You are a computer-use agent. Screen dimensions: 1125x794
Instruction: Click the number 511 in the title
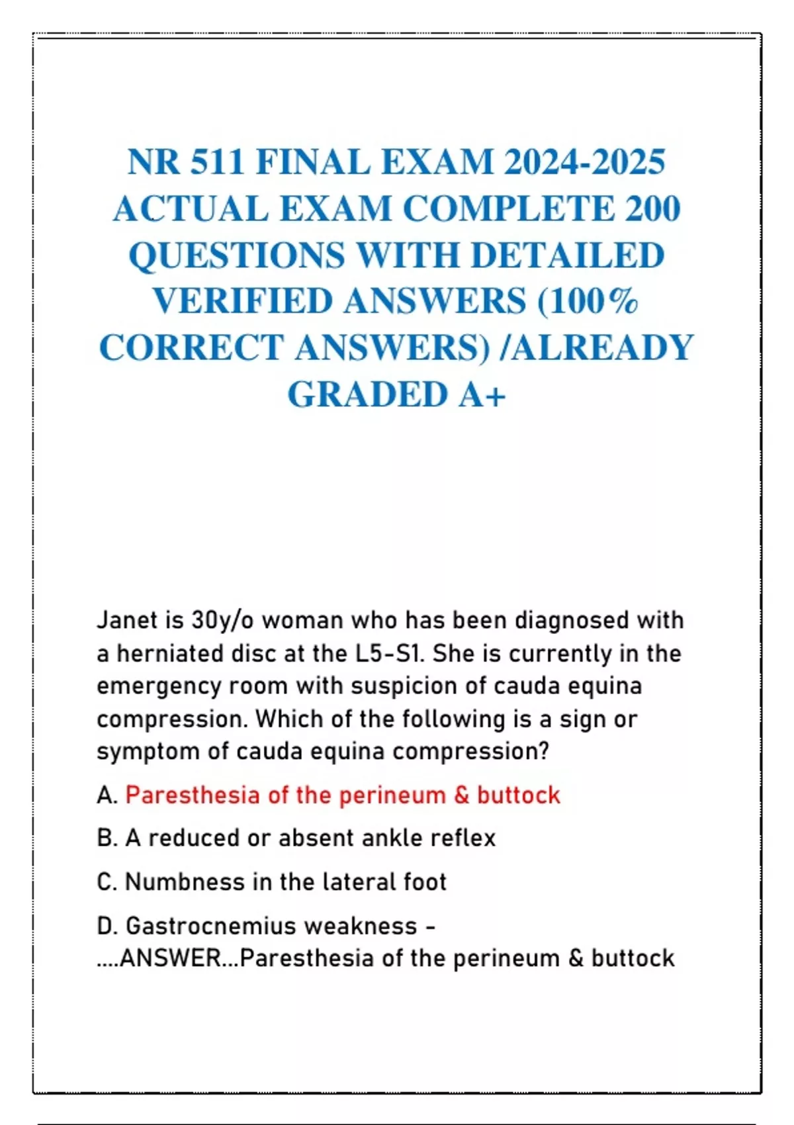click(216, 162)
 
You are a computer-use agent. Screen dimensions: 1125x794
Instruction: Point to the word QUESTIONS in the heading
click(237, 255)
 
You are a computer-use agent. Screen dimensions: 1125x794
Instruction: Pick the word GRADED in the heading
click(367, 395)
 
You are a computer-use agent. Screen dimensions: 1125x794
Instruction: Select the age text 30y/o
click(222, 621)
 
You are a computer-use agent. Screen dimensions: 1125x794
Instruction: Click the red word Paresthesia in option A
click(193, 795)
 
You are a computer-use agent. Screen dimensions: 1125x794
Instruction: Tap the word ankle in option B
click(393, 838)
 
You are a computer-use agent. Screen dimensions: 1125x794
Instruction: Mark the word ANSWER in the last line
click(171, 958)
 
